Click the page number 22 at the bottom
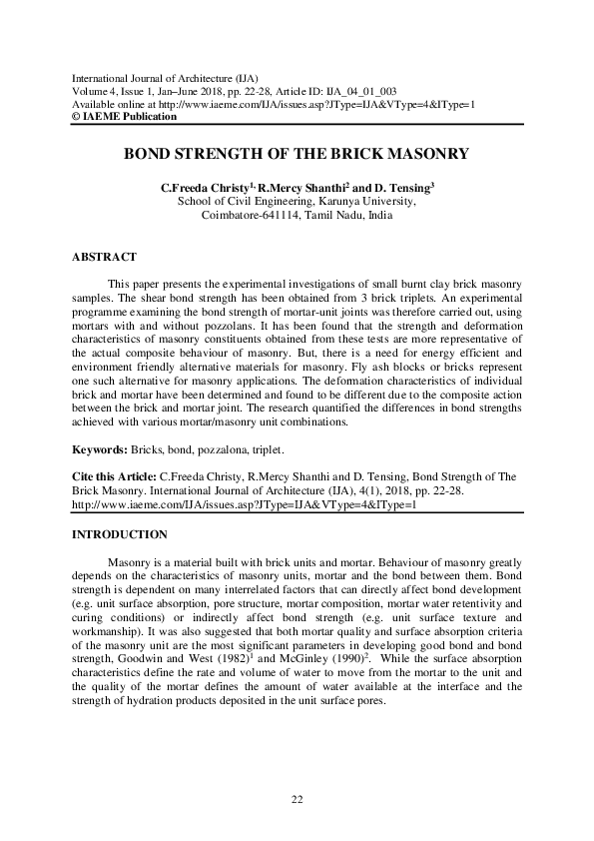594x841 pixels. click(x=297, y=799)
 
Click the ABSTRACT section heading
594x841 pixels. click(x=104, y=258)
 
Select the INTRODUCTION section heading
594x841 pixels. click(x=120, y=534)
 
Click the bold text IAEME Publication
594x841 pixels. click(x=129, y=117)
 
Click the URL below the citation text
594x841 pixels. click(x=244, y=504)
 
